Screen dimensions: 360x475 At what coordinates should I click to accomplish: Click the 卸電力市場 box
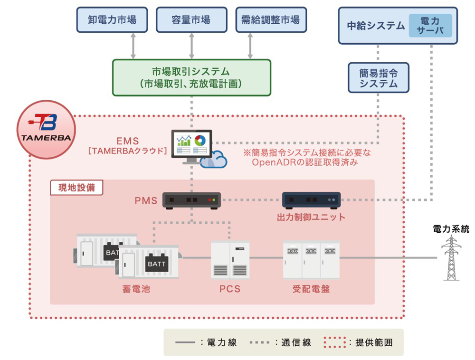[x=112, y=20]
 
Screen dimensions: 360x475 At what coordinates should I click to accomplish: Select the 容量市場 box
[x=191, y=20]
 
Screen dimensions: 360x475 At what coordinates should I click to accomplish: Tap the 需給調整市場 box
[x=270, y=20]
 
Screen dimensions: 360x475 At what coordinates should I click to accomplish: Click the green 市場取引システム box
[x=191, y=77]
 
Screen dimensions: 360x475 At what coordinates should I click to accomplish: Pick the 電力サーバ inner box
[x=430, y=26]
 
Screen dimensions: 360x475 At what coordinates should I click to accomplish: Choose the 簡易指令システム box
[x=378, y=77]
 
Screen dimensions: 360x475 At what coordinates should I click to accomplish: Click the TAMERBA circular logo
[x=46, y=129]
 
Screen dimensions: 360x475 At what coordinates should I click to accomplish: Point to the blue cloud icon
[x=213, y=160]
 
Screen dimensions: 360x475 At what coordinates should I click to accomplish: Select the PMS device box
[x=192, y=200]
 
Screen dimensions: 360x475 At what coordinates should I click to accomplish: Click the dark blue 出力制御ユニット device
[x=311, y=200]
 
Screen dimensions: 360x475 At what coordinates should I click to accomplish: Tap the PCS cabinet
[x=230, y=260]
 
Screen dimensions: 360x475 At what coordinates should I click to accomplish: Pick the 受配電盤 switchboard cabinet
[x=311, y=260]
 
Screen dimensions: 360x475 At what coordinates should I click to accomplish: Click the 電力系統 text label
[x=451, y=229]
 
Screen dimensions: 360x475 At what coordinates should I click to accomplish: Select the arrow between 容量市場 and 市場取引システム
[x=191, y=46]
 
